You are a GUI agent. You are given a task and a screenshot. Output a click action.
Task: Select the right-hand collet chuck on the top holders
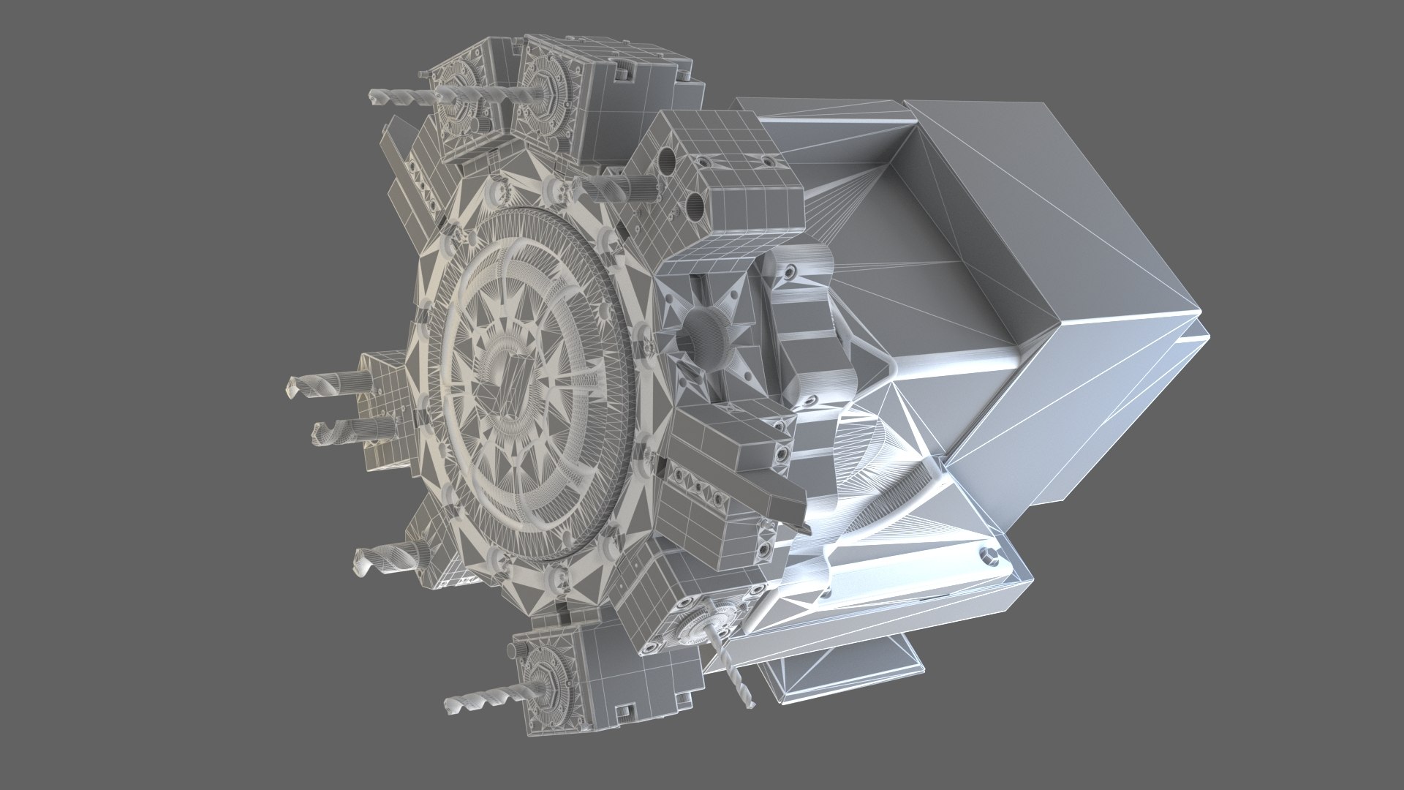click(x=545, y=93)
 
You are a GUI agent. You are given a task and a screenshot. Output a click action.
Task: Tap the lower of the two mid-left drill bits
click(x=333, y=432)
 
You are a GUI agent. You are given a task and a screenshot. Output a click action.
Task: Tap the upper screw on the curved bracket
click(x=791, y=272)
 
